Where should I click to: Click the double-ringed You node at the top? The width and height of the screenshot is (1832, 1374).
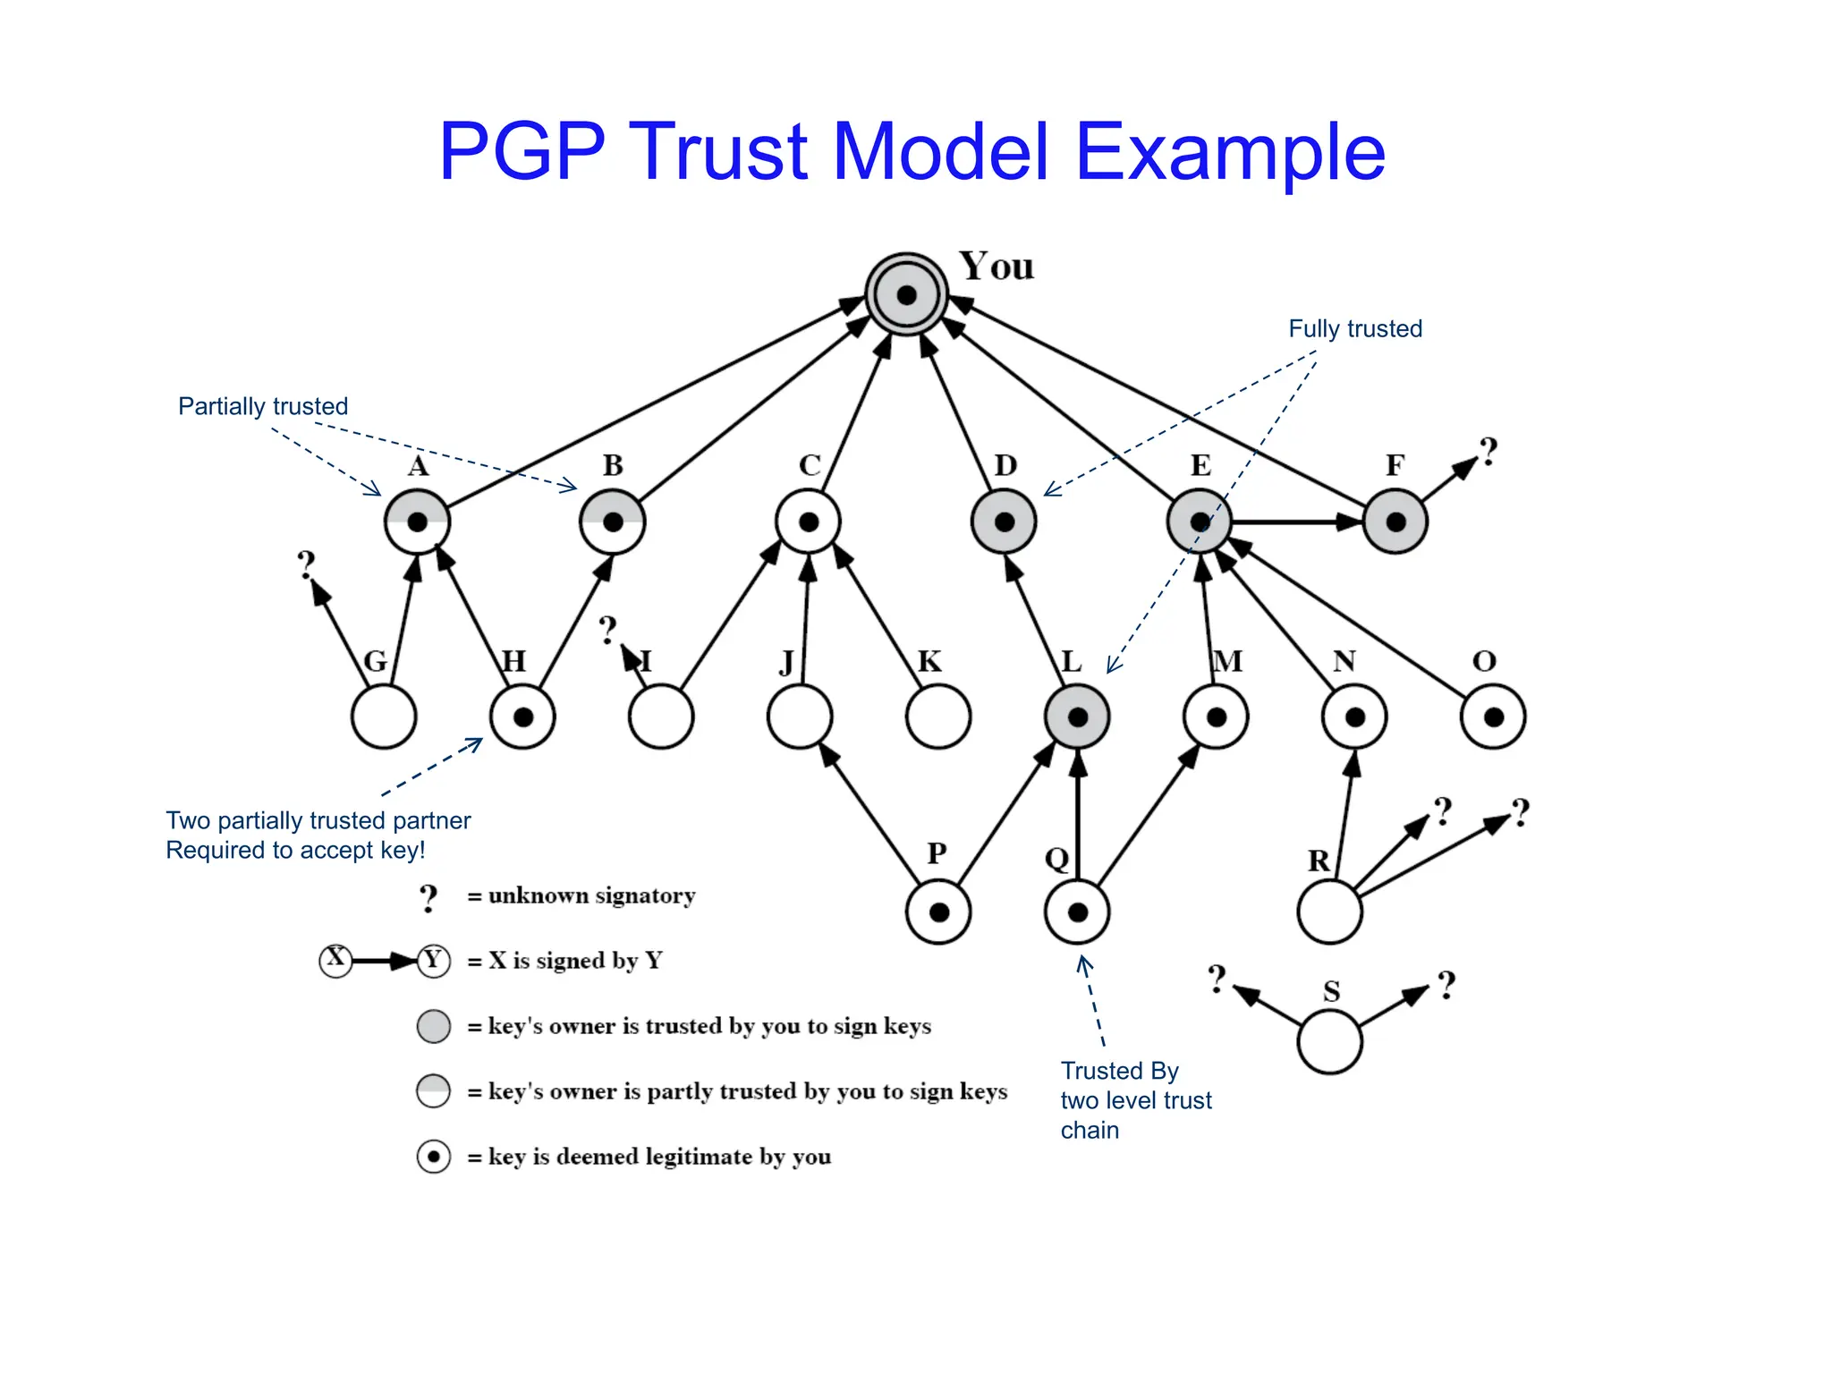pos(906,294)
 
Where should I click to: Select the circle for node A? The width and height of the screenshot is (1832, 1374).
pos(417,522)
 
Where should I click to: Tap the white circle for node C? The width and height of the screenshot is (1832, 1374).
pos(808,522)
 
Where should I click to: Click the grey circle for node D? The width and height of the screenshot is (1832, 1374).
pos(1004,522)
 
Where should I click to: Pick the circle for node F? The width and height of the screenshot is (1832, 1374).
pos(1395,522)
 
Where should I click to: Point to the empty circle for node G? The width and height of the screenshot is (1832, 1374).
pos(384,717)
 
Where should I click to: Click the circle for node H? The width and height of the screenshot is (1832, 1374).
pos(522,717)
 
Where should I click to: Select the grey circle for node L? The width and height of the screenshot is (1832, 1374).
pos(1077,717)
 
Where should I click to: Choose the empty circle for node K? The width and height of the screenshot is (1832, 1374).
pos(938,717)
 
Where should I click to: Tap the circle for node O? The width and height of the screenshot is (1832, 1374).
pos(1493,717)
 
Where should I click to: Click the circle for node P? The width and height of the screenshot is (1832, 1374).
pos(938,912)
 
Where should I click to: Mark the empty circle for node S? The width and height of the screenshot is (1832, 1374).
pos(1329,1042)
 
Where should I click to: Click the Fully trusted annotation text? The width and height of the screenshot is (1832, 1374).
pos(1354,328)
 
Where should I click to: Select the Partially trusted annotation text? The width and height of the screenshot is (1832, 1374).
pos(263,406)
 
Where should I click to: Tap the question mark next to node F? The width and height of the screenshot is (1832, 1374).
pos(1488,452)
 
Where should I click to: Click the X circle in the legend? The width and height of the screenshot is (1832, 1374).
pos(335,960)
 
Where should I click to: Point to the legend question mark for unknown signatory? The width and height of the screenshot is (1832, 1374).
pos(429,897)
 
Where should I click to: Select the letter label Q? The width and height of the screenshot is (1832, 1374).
pos(1056,859)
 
